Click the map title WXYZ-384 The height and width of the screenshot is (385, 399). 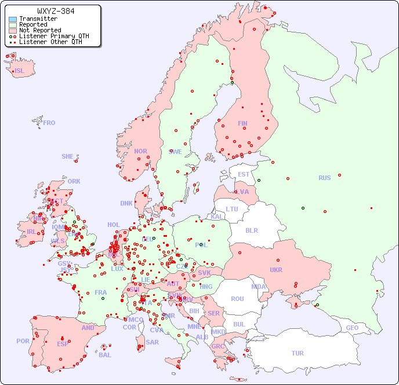[x=55, y=11]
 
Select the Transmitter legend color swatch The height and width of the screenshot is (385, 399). [x=13, y=19]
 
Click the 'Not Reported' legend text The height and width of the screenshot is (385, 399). [x=39, y=30]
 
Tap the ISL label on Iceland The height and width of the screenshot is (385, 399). [x=20, y=71]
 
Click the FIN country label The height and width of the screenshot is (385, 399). [x=242, y=123]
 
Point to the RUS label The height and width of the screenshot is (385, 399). [x=324, y=178]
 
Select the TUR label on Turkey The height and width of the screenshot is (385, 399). [x=298, y=353]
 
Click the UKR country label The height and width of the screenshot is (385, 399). [x=275, y=270]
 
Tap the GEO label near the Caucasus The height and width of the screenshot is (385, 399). [x=352, y=328]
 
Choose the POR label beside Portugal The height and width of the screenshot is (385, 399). [x=23, y=341]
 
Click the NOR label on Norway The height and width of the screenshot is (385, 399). [x=140, y=151]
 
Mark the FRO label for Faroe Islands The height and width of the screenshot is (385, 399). [x=49, y=123]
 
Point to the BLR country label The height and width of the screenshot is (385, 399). [x=251, y=230]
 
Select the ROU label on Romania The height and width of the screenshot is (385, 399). [x=237, y=299]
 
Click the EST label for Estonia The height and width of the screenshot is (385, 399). [x=244, y=174]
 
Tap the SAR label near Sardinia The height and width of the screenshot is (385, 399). [x=152, y=342]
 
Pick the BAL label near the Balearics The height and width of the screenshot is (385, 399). [x=105, y=355]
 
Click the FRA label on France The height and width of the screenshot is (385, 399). [x=101, y=292]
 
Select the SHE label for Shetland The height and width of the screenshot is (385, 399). [x=68, y=156]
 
